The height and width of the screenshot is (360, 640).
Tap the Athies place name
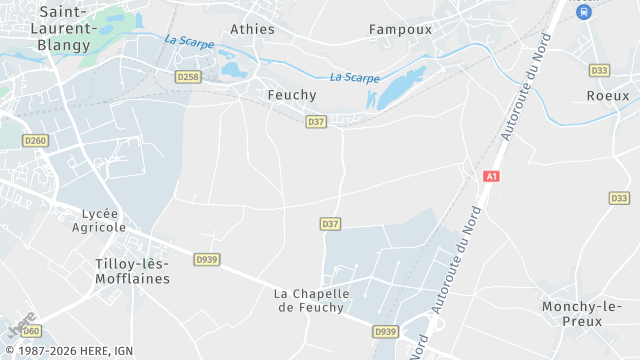[x=252, y=29]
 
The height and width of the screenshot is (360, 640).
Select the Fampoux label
[x=400, y=29]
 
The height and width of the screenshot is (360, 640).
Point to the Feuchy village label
[x=291, y=94]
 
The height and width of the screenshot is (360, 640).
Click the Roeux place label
[x=608, y=95]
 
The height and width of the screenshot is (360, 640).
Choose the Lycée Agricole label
[x=97, y=220]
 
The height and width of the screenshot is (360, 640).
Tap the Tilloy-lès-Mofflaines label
[x=131, y=270]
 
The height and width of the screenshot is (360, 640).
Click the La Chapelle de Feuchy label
[x=312, y=300]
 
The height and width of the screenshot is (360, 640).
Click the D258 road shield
[x=187, y=76]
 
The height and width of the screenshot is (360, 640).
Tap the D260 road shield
[x=35, y=141]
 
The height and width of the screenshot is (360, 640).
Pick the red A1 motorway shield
[x=490, y=176]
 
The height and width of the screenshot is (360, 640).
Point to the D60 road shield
[x=31, y=330]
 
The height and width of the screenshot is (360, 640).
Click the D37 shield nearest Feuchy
[x=316, y=121]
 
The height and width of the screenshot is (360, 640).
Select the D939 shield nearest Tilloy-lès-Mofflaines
[x=206, y=259]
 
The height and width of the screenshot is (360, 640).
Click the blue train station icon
[x=584, y=10]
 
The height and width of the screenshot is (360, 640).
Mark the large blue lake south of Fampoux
[x=397, y=88]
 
